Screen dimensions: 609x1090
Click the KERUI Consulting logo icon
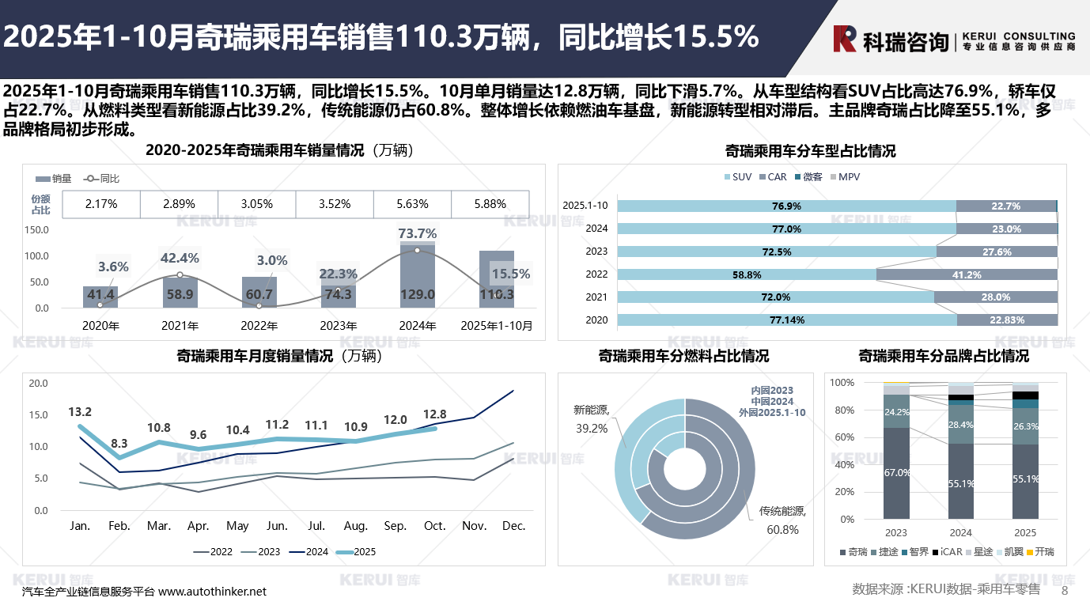click(x=845, y=38)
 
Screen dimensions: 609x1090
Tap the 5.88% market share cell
click(x=490, y=204)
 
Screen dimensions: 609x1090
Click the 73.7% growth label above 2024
click(x=418, y=233)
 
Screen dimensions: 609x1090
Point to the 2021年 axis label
click(x=180, y=325)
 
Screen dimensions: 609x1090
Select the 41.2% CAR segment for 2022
click(x=967, y=274)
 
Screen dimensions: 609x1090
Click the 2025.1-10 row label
click(x=585, y=206)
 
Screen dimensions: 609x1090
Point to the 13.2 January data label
click(x=80, y=412)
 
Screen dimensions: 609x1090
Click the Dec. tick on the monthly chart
click(x=513, y=526)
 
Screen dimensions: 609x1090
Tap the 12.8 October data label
click(x=435, y=414)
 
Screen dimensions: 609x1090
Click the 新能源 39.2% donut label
click(x=591, y=418)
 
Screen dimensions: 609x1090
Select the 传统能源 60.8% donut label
click(x=782, y=520)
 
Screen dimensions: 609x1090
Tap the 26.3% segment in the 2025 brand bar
click(x=1025, y=426)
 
